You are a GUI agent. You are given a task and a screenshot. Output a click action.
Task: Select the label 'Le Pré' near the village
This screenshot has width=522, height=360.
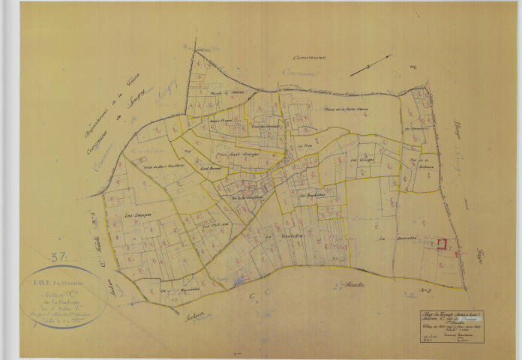[303, 146]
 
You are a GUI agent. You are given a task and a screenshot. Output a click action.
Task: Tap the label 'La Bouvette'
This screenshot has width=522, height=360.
[391, 238]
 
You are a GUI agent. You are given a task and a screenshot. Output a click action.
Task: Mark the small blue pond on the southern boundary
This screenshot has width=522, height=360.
[238, 281]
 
